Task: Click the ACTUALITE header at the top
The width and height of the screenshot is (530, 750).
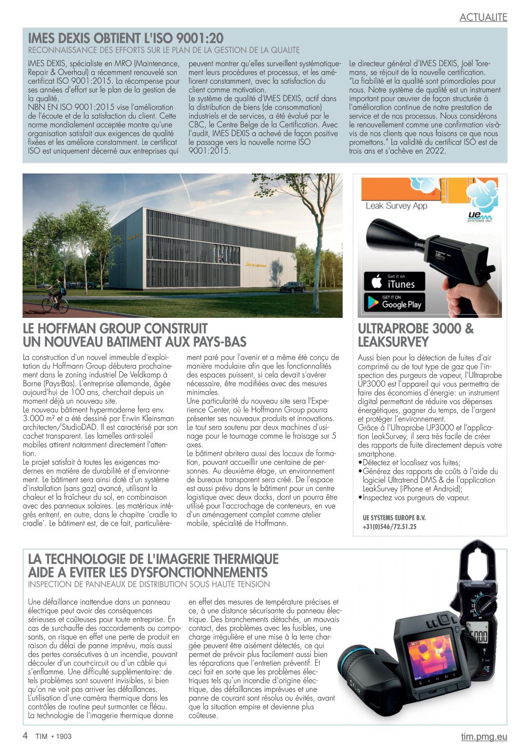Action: (x=483, y=17)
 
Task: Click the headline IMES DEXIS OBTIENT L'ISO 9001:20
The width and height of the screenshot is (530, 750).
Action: (x=126, y=38)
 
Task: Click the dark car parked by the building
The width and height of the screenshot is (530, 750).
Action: (x=293, y=287)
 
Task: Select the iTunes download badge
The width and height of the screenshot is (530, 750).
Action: (x=394, y=281)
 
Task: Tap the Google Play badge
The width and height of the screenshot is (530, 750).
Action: (x=394, y=302)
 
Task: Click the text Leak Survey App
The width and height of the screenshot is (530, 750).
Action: (x=396, y=206)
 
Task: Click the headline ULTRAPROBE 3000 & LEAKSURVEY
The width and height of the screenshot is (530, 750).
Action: (x=415, y=335)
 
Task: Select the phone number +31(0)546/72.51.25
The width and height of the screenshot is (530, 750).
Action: (x=389, y=527)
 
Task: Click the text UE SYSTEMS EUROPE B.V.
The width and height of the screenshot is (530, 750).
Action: (x=394, y=518)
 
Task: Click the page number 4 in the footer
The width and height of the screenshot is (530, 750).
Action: (x=25, y=735)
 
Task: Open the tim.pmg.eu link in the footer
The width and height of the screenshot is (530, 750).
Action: (x=483, y=736)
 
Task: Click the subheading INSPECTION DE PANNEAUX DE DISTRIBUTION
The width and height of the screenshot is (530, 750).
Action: (x=149, y=584)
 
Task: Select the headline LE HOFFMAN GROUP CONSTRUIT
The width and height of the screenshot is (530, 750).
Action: (x=115, y=329)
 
